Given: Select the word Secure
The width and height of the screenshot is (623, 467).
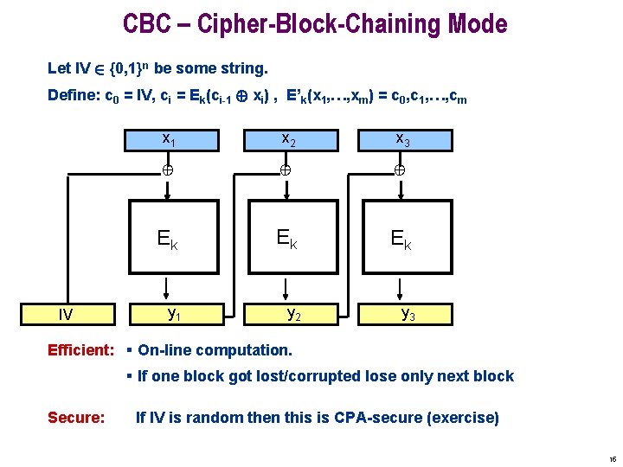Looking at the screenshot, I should (x=76, y=418).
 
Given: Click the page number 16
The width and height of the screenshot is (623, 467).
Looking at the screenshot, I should (x=612, y=459).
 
